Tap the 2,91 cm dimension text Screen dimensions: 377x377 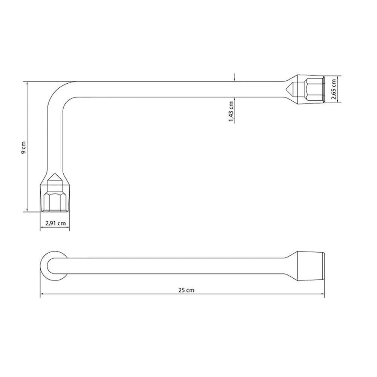pyautogui.click(x=55, y=223)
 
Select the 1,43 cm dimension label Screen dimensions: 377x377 pyautogui.click(x=231, y=111)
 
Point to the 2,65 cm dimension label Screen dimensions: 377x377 pyautogui.click(x=334, y=89)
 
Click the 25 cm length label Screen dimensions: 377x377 pyautogui.click(x=186, y=290)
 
